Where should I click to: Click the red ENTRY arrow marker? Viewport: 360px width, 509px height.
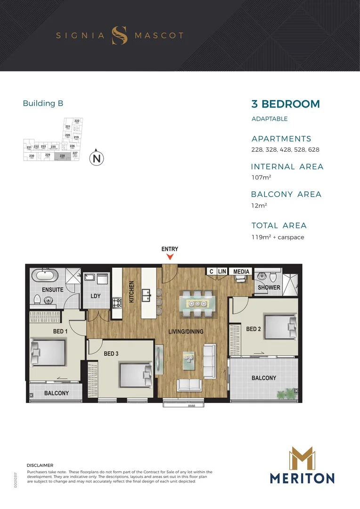tap(171, 257)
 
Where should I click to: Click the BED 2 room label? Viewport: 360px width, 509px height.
tap(254, 329)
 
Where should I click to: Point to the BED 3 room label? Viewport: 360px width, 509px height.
tap(111, 353)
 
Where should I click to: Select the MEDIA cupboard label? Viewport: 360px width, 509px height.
tap(241, 271)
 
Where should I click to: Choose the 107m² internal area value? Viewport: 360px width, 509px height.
tap(261, 178)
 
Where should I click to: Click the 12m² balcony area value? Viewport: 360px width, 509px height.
tap(259, 205)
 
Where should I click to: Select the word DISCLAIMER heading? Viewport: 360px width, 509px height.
tap(40, 465)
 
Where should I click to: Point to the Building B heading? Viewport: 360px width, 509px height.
tap(43, 103)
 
